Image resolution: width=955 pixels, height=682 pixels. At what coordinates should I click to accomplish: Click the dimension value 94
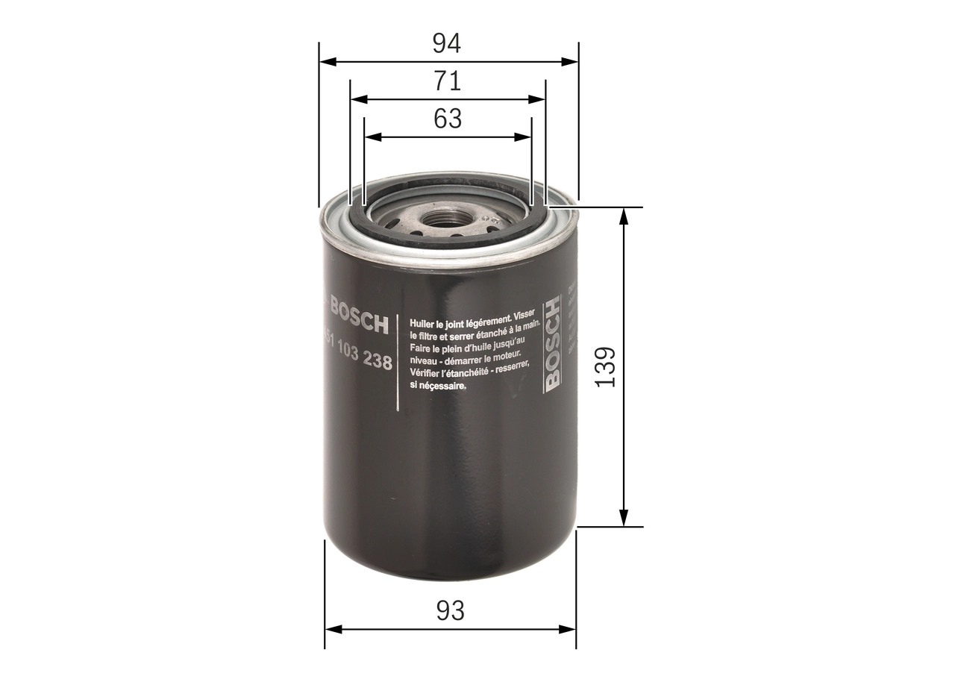point(448,44)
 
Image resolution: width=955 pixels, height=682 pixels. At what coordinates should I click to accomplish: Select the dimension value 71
point(448,81)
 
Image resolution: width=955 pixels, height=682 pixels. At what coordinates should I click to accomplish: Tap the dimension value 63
point(448,119)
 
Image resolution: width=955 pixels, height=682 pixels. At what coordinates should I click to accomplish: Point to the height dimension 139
point(605,366)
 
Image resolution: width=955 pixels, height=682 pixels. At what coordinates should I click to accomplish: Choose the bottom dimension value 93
point(450,610)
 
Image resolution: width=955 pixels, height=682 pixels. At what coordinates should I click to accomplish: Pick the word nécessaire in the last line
point(443,387)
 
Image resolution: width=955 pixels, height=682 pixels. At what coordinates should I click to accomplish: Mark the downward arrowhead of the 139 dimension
point(624,518)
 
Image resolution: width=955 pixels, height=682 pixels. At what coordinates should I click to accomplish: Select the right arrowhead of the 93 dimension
point(569,629)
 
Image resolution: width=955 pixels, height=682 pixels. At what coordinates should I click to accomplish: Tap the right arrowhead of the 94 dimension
point(570,62)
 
